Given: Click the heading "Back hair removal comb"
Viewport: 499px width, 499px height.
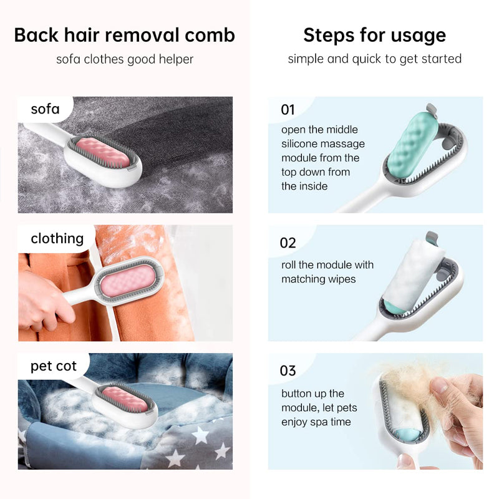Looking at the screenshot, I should [124, 35].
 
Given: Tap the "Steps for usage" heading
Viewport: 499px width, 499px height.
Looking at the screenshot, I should [374, 35].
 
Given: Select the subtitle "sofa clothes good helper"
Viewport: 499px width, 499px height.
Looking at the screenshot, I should [125, 59].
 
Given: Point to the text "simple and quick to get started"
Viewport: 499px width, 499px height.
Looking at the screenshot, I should [374, 59].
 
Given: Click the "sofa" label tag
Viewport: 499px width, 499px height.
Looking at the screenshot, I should [45, 110].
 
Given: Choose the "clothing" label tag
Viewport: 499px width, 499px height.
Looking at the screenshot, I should [57, 238].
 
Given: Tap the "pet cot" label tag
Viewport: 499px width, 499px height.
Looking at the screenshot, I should [53, 366].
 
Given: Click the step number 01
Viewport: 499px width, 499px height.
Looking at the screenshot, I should [288, 110].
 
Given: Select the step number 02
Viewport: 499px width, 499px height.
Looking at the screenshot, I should [288, 243].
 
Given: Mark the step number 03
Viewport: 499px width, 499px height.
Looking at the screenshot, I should [288, 371].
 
